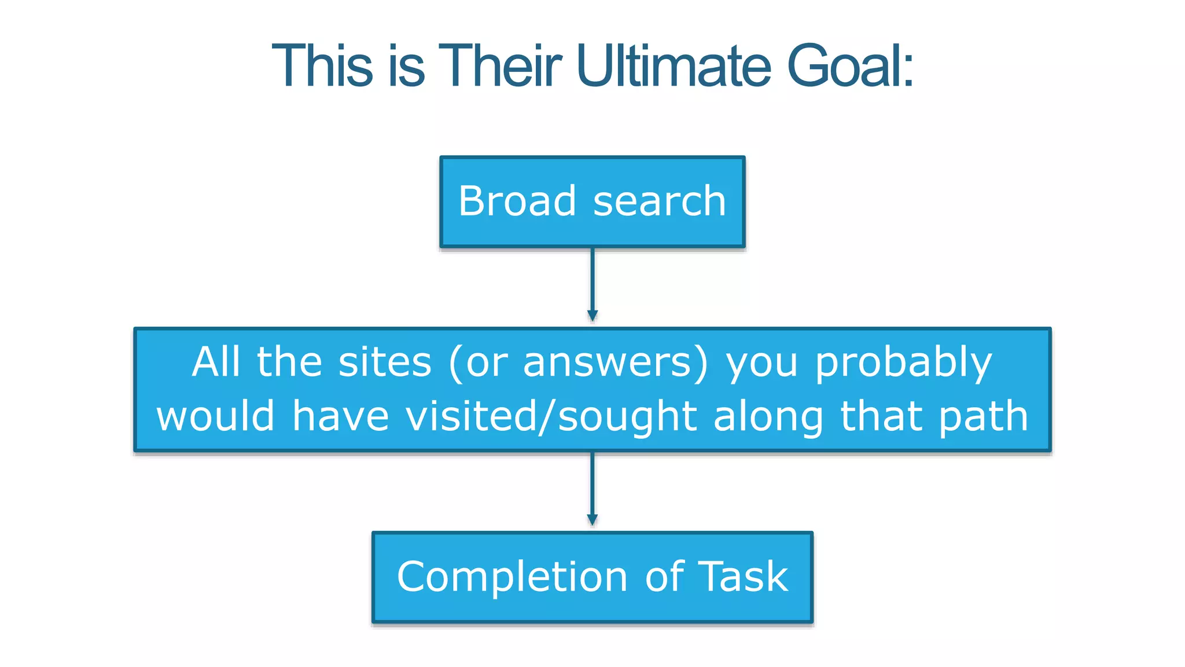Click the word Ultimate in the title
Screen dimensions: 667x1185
(x=674, y=66)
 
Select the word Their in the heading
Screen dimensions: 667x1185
(x=500, y=66)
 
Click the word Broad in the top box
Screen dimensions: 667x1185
(x=517, y=201)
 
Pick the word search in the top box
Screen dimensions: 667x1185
(x=660, y=202)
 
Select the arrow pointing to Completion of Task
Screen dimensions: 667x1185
(x=592, y=489)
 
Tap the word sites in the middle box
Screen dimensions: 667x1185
(x=385, y=362)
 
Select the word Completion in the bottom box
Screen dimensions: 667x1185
(x=512, y=577)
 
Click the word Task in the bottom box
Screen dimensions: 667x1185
(x=743, y=577)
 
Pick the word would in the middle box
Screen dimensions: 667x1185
(x=216, y=416)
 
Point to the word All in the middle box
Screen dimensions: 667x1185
(x=216, y=362)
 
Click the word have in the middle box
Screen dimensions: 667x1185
(x=340, y=416)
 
